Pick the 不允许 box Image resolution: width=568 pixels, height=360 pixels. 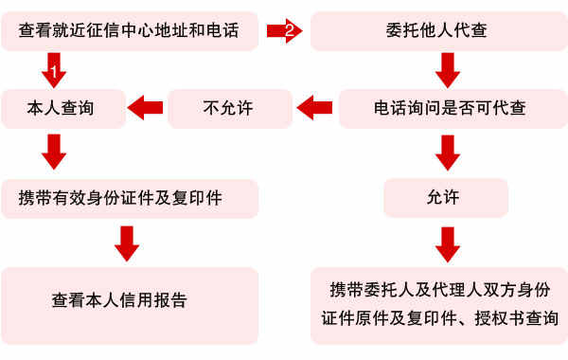point(230,108)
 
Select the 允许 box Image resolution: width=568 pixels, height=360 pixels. point(444,198)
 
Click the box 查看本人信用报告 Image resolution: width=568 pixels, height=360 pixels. point(131,300)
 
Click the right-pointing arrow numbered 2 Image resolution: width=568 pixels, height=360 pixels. point(285,31)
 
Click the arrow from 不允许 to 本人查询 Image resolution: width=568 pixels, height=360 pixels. point(146,108)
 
